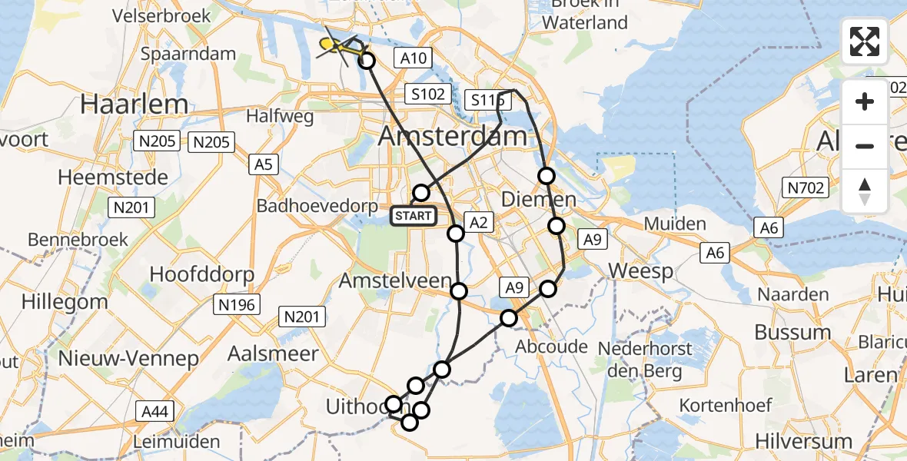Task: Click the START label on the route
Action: (414, 216)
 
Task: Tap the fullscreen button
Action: (865, 41)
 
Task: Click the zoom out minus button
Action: (865, 146)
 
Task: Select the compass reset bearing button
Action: (865, 191)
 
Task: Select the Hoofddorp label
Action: (194, 274)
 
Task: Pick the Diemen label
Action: (538, 200)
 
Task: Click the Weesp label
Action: (640, 270)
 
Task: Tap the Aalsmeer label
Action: (273, 353)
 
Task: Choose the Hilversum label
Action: (803, 441)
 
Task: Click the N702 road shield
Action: (805, 187)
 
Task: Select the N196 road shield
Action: (236, 304)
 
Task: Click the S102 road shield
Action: (428, 95)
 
